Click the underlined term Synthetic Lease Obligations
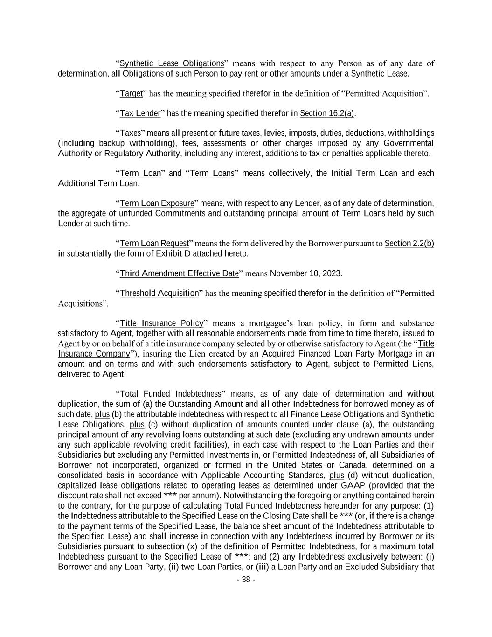(172, 63)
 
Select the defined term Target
(131, 93)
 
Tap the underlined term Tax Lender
(140, 113)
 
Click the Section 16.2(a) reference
(327, 113)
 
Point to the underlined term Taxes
(130, 133)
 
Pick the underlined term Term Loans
(212, 174)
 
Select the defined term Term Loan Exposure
(157, 203)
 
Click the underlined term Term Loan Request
(154, 244)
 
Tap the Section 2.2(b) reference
(409, 244)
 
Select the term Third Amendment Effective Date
(179, 273)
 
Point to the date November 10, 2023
(306, 273)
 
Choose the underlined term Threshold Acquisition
(159, 294)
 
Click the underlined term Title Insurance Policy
(162, 323)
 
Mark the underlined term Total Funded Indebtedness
(170, 394)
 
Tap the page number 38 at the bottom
(246, 580)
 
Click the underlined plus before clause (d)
(336, 476)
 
